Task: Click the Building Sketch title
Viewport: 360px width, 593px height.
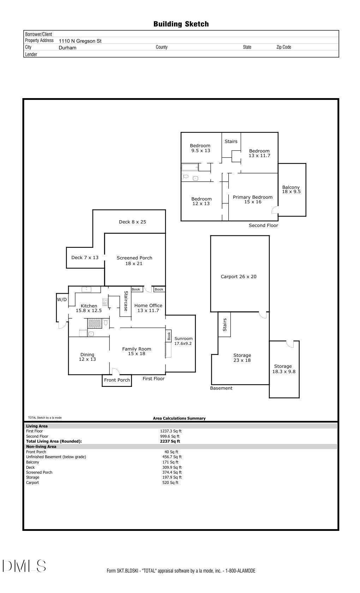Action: [x=181, y=24]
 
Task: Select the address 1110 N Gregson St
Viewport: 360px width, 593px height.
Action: [x=80, y=41]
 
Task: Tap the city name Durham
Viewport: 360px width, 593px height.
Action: [x=67, y=48]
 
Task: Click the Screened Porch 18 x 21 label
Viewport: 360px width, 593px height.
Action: [x=134, y=261]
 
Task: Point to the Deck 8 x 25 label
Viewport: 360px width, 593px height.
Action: [x=132, y=222]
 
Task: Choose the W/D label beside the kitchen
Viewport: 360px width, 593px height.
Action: [x=62, y=300]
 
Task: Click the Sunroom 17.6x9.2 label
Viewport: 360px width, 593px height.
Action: [x=183, y=341]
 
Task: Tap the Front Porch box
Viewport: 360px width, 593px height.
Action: [x=117, y=381]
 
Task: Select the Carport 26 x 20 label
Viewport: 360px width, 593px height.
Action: [x=239, y=277]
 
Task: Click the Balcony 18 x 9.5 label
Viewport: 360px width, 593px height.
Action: [x=291, y=190]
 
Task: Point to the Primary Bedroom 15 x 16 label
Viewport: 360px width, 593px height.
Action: [x=253, y=200]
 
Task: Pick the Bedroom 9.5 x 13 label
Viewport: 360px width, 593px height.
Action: [x=200, y=148]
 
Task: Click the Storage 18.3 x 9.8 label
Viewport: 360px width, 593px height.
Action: [x=284, y=369]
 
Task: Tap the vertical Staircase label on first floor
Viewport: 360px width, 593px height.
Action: [x=126, y=301]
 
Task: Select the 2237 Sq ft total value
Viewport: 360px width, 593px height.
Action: [x=170, y=441]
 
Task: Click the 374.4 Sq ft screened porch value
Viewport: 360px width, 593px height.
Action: [x=172, y=472]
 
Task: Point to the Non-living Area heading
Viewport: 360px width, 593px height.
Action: [x=41, y=447]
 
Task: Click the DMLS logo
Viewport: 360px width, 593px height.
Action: [x=24, y=566]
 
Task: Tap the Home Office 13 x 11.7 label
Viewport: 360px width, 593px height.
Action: [x=148, y=308]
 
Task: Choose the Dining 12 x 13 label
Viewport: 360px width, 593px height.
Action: [x=88, y=357]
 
